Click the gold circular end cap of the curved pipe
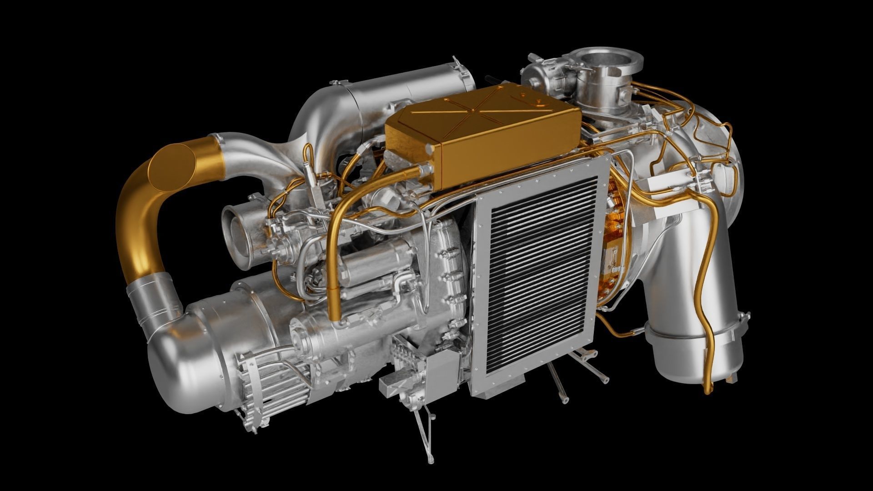172,165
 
